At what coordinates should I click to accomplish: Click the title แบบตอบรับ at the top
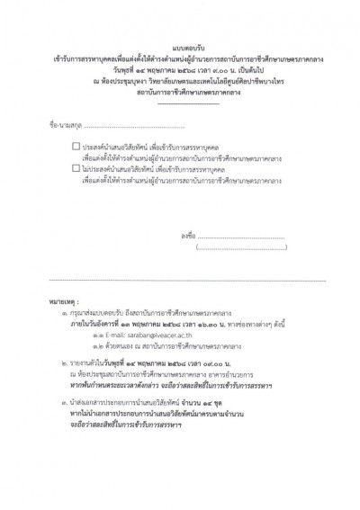click(181, 51)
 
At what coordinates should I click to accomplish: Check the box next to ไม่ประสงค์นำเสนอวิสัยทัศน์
click(76, 167)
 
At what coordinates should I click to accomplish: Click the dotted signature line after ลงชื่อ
click(251, 236)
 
